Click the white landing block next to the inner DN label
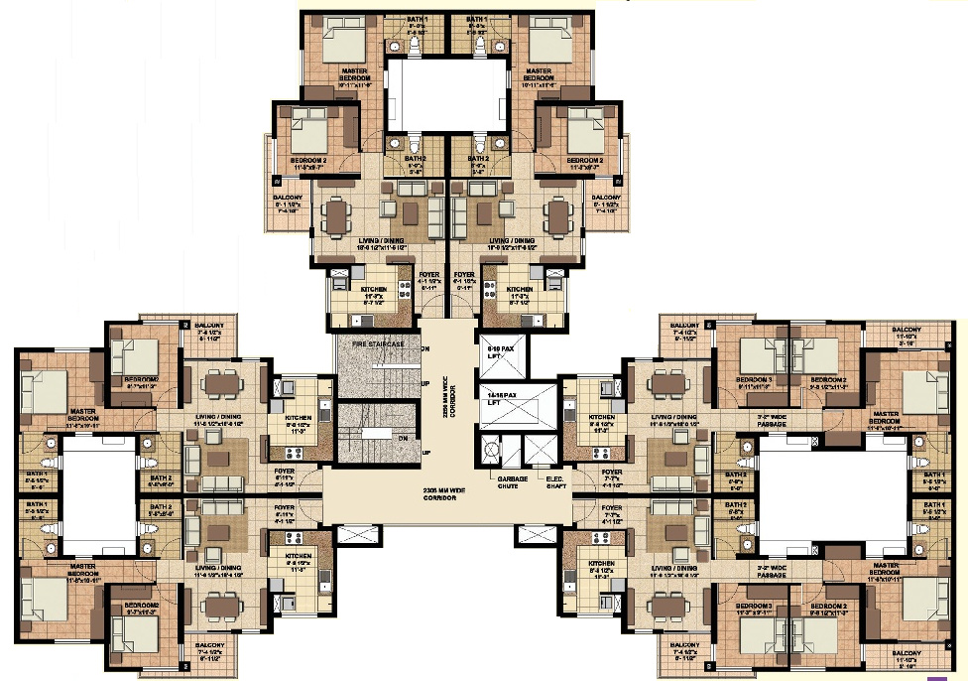[x=374, y=434]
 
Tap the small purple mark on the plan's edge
[x=930, y=677]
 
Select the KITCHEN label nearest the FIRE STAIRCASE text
[x=299, y=418]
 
